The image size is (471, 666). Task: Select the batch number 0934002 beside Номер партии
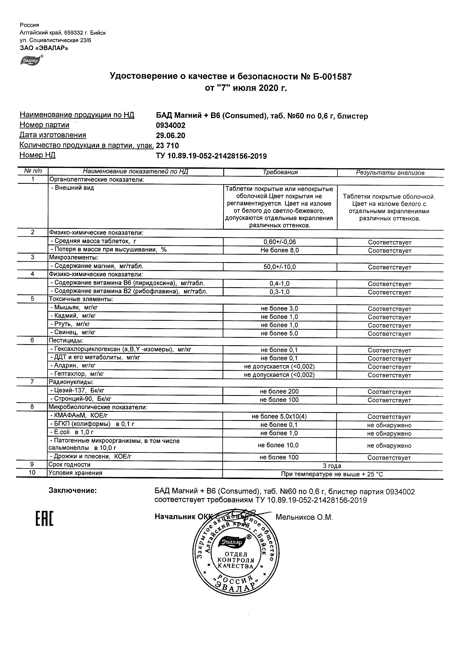[171, 126]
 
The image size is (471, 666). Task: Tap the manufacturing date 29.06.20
[171, 136]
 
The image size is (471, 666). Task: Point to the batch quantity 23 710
[167, 146]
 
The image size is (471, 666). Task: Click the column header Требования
[280, 172]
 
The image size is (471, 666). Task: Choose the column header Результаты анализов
[390, 173]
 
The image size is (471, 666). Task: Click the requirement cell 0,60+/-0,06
[279, 242]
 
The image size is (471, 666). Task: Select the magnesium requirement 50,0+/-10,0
[279, 267]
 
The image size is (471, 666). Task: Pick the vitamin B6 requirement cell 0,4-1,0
[279, 284]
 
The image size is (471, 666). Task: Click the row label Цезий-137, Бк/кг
[79, 391]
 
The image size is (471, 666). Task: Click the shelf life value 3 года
[332, 466]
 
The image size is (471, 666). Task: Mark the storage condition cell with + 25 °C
[332, 474]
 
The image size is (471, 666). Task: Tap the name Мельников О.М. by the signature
[304, 517]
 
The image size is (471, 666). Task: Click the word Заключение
[73, 491]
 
